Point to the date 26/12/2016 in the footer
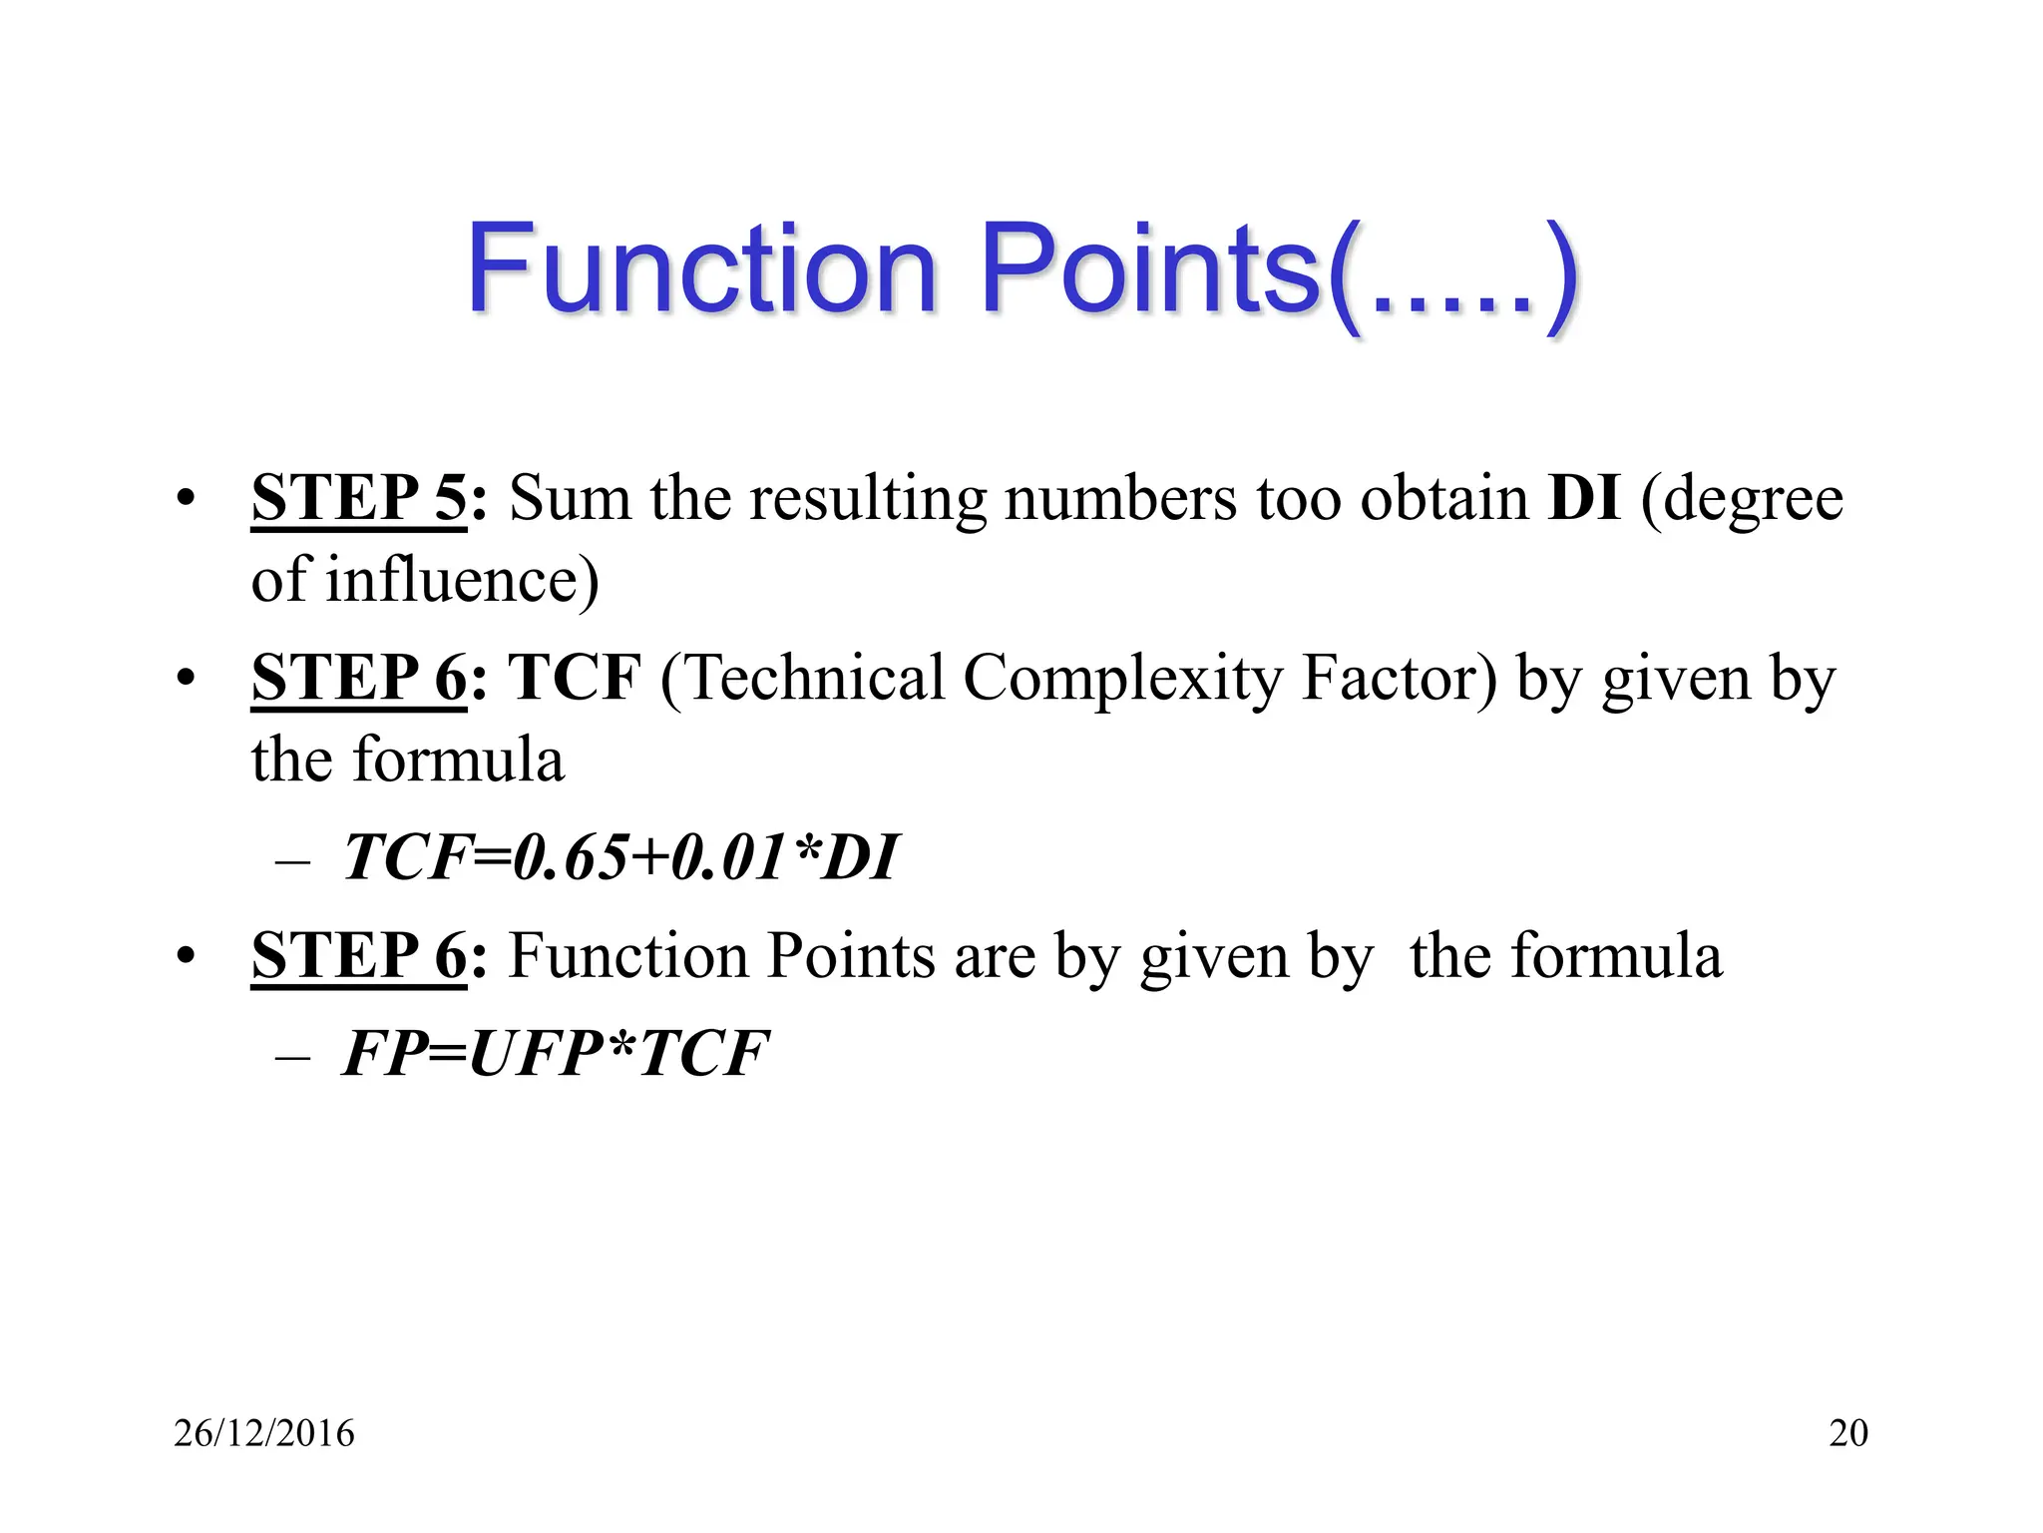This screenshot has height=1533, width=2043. point(264,1433)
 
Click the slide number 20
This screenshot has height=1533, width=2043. point(1848,1433)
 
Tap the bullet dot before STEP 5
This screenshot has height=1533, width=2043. point(185,498)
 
